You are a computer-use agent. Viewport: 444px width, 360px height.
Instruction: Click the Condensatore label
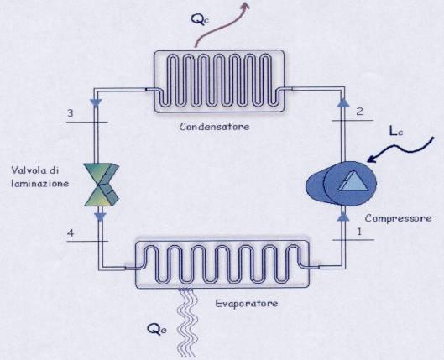pos(214,126)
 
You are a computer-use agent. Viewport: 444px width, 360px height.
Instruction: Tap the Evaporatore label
pos(247,304)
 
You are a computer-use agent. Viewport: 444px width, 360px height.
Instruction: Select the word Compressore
pos(398,218)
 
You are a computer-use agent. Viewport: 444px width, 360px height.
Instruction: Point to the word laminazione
pos(40,184)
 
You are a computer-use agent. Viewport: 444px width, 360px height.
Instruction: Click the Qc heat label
pos(200,19)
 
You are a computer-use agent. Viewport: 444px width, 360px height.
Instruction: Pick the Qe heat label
pos(157,330)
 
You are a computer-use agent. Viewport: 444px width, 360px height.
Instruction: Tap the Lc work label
pos(396,131)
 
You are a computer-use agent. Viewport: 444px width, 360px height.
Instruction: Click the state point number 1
pos(359,232)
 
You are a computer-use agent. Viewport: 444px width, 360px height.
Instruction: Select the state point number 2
pos(359,112)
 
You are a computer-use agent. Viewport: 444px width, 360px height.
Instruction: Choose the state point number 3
pos(71,113)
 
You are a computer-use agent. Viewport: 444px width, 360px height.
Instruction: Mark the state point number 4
pos(71,233)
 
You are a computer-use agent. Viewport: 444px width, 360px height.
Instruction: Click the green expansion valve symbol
pos(102,185)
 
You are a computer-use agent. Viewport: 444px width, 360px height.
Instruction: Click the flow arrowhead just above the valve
pos(96,103)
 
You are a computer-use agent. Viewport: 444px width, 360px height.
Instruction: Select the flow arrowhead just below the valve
pos(100,217)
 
